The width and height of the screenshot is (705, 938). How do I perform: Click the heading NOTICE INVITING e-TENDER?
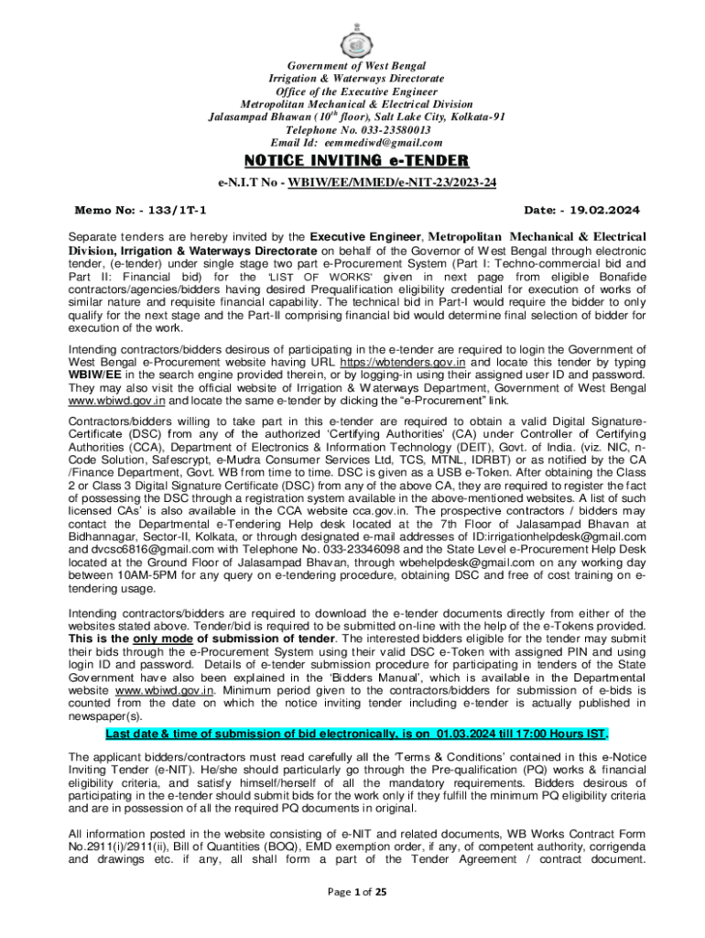click(352, 162)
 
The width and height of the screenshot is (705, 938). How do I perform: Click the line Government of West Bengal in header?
click(352, 66)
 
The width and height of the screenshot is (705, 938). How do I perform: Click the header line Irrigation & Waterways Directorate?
click(352, 79)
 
